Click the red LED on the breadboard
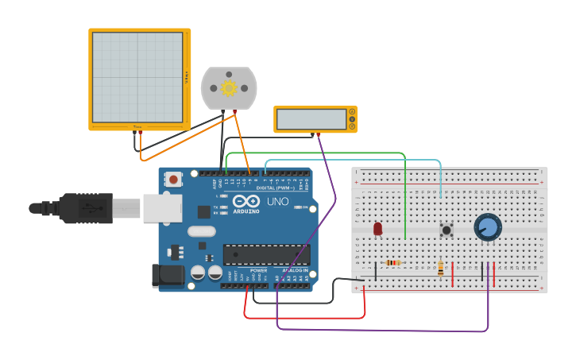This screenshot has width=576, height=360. point(377,229)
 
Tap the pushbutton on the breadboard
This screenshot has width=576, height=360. point(446,230)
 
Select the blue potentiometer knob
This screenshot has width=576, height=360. point(488,227)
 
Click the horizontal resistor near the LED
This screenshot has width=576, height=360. point(392,263)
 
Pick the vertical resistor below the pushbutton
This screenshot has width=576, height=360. point(441,269)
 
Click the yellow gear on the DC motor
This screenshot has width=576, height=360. point(230,87)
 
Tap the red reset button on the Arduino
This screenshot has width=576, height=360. point(174,180)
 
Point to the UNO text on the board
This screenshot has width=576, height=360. point(277,202)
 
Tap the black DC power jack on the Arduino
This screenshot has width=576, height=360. point(167,275)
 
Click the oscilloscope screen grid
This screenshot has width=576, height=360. point(137,77)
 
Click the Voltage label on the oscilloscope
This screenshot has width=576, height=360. point(187,77)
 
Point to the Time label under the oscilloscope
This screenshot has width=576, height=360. point(137,126)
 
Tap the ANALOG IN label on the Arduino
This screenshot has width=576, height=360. point(295,271)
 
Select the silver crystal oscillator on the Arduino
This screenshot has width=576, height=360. point(202,231)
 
